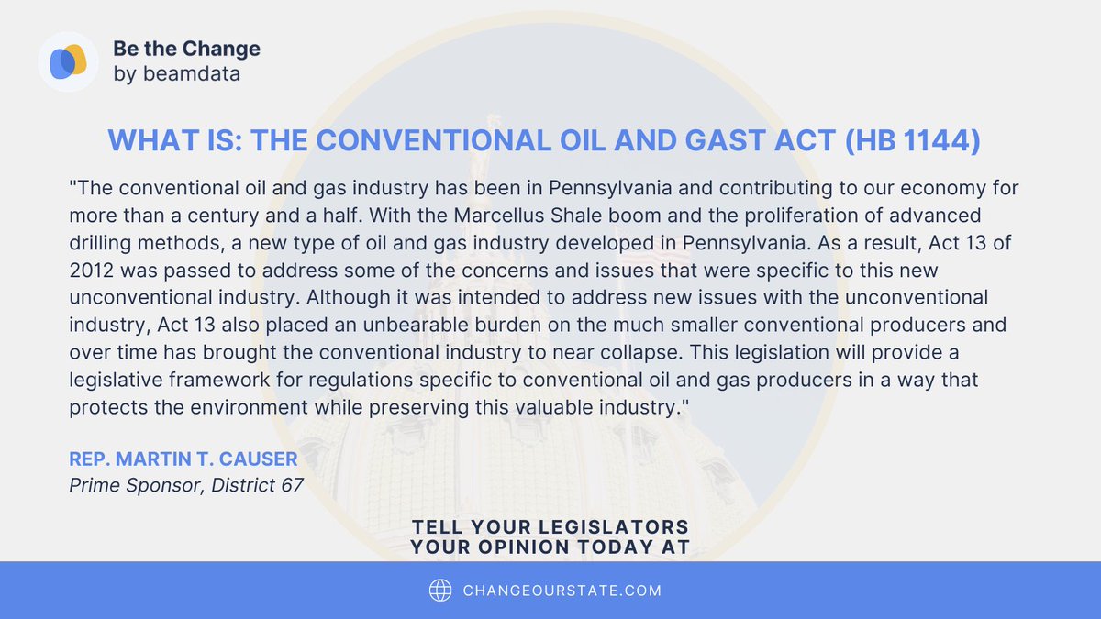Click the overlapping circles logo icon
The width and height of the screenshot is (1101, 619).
pyautogui.click(x=68, y=61)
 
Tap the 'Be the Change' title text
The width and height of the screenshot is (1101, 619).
pyautogui.click(x=186, y=49)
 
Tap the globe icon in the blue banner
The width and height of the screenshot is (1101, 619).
pyautogui.click(x=441, y=591)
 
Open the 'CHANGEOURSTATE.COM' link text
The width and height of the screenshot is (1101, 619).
pyautogui.click(x=562, y=591)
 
